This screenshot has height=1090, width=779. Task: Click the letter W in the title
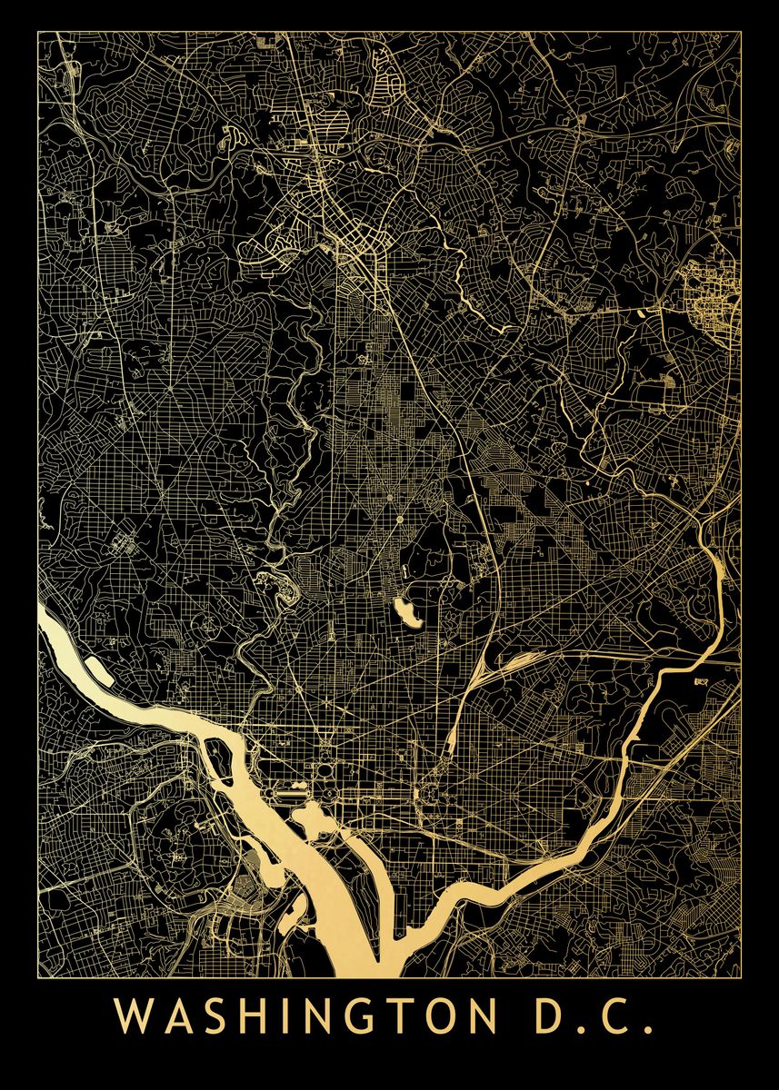coord(134,1016)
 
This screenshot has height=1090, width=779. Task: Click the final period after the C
coord(649,1030)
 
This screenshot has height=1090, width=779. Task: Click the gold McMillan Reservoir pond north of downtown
coord(406,612)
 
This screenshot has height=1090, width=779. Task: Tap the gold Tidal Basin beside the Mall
coord(308,822)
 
